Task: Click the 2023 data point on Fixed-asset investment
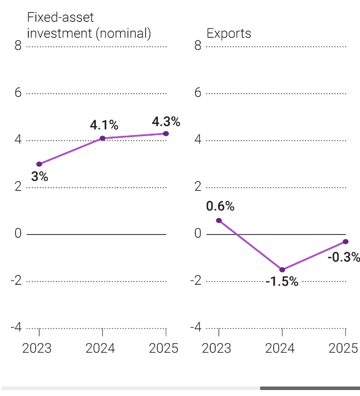pos(39,164)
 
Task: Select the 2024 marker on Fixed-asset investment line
pos(102,138)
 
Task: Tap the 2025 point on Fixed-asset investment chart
pos(166,134)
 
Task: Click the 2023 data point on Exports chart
pos(219,220)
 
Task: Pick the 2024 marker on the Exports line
pos(282,270)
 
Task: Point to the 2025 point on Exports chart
pos(346,241)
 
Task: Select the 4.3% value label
pos(166,122)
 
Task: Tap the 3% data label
pos(39,176)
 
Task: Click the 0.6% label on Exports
pos(220,206)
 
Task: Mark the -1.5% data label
pos(282,282)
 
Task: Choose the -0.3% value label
pos(344,257)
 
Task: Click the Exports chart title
pos(229,34)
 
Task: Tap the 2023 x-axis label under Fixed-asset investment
pos(37,348)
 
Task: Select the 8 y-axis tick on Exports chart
pos(198,46)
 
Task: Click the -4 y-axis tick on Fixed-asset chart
pos(16,328)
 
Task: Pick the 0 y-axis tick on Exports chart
pos(198,234)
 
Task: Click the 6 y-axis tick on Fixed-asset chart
pos(18,93)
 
